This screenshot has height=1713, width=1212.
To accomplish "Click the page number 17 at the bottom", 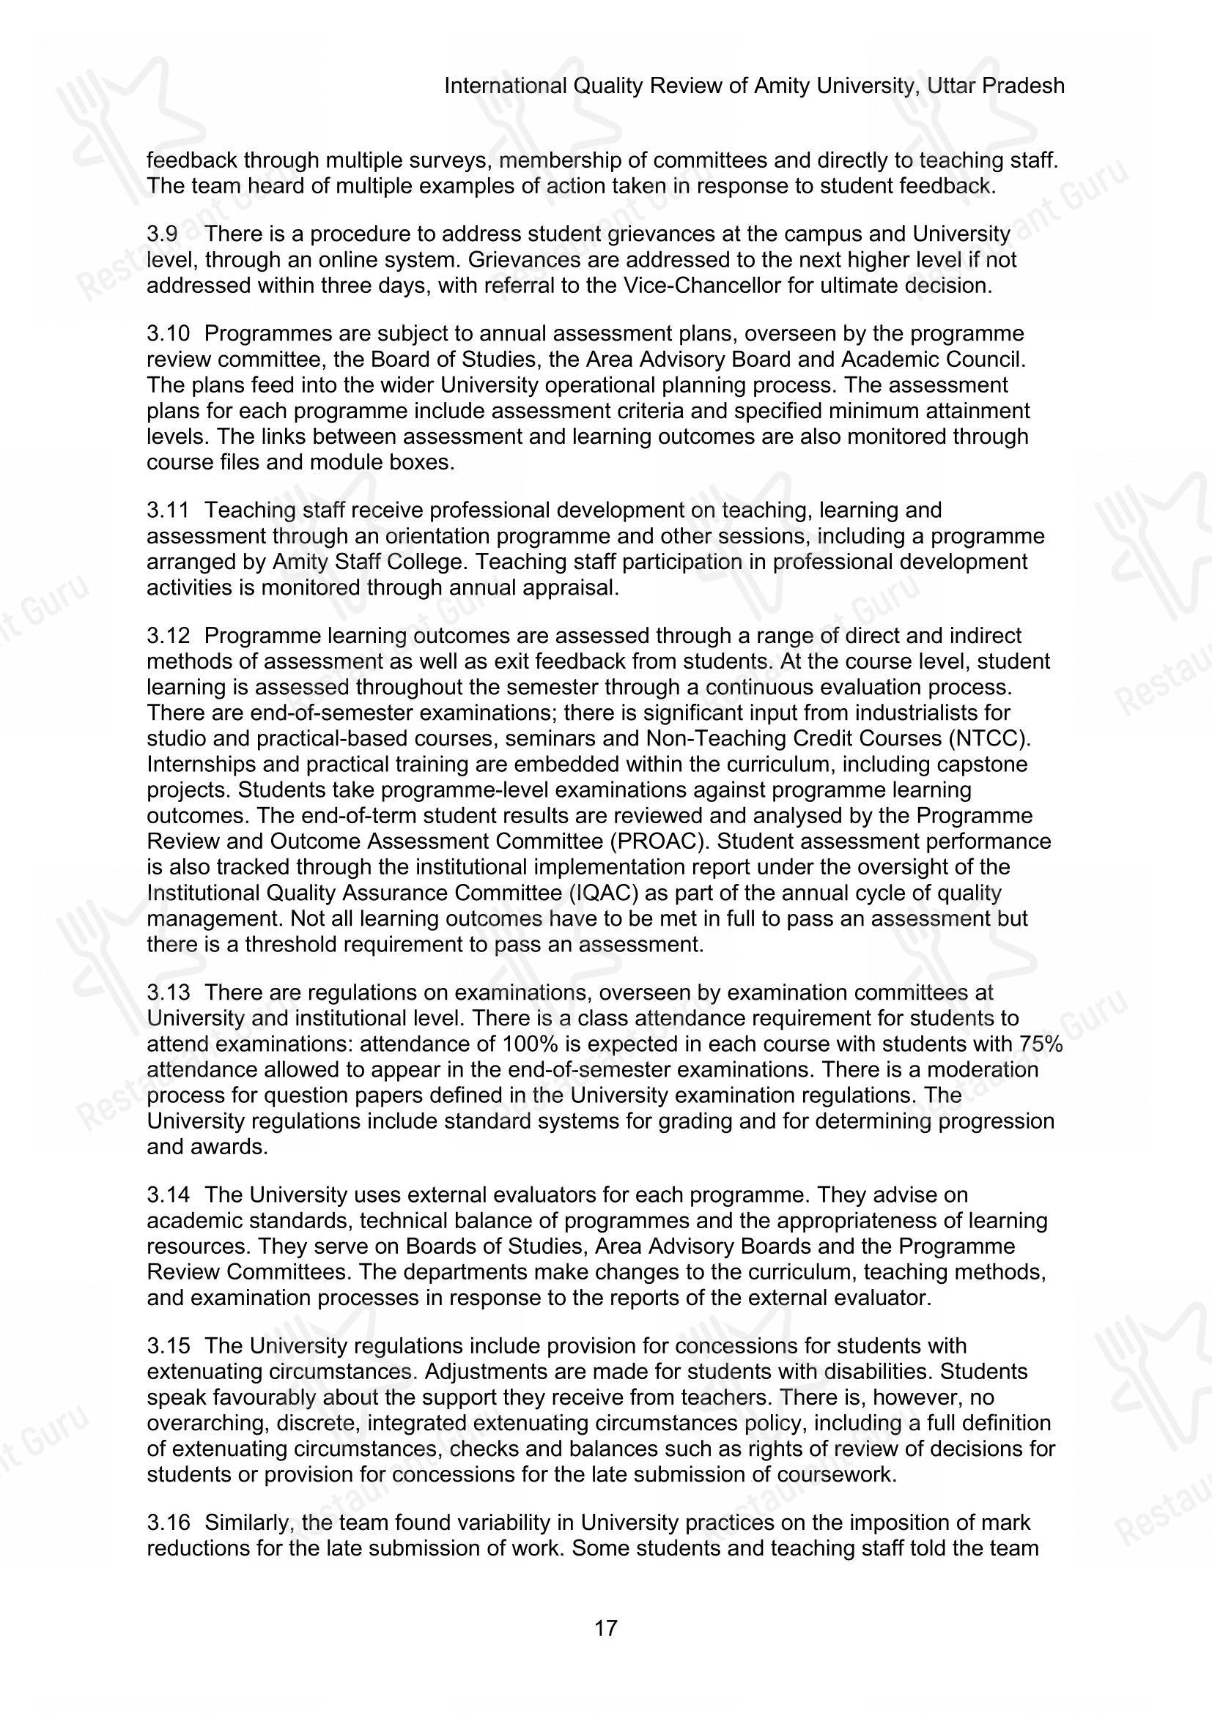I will click(606, 1628).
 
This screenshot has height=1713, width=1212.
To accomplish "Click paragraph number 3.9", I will click(162, 234).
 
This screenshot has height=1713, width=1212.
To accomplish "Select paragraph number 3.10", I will click(168, 333).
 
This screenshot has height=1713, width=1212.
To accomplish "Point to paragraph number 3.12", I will click(168, 636).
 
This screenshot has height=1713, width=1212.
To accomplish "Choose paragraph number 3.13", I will click(168, 992).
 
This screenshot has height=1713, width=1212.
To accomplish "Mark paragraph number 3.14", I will click(168, 1194).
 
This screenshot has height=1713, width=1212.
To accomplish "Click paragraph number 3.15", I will click(168, 1346).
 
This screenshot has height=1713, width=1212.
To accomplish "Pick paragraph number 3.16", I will click(168, 1523).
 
